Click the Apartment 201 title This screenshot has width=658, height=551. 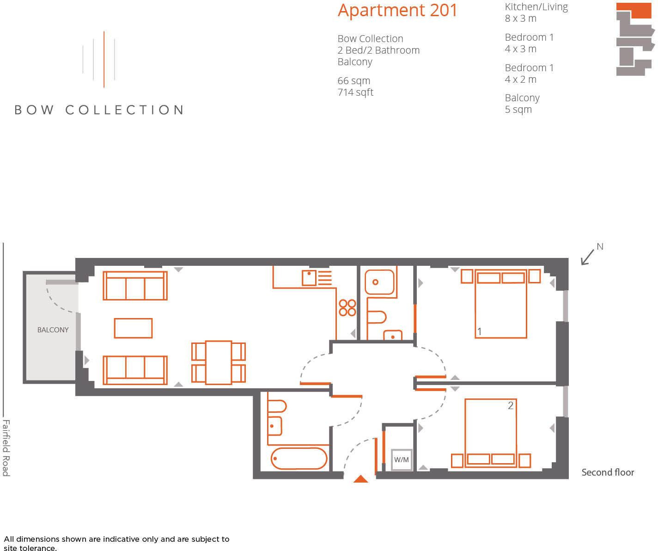pyautogui.click(x=397, y=10)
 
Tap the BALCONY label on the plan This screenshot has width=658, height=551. pyautogui.click(x=53, y=330)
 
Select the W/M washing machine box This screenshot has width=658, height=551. pyautogui.click(x=402, y=459)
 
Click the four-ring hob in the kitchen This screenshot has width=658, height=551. pyautogui.click(x=347, y=307)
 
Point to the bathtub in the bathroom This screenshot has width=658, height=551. pyautogui.click(x=299, y=459)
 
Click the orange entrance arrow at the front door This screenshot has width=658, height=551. pyautogui.click(x=360, y=479)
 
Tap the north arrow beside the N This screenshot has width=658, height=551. pyautogui.click(x=587, y=257)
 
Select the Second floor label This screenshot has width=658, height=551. pyautogui.click(x=607, y=472)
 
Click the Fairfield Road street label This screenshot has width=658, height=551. pyautogui.click(x=6, y=447)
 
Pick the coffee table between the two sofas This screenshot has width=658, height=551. pyautogui.click(x=133, y=328)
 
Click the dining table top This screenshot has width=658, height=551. pyautogui.click(x=219, y=362)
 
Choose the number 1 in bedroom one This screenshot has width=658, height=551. pyautogui.click(x=480, y=331)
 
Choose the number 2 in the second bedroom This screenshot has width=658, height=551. pyautogui.click(x=510, y=405)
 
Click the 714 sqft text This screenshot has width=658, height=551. pyautogui.click(x=355, y=92)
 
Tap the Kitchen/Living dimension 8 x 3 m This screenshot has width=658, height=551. pyautogui.click(x=520, y=18)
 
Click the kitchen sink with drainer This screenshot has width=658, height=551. pyautogui.click(x=317, y=278)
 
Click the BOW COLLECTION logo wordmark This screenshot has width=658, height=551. pyautogui.click(x=99, y=110)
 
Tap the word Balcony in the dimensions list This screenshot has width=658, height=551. pyautogui.click(x=522, y=98)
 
